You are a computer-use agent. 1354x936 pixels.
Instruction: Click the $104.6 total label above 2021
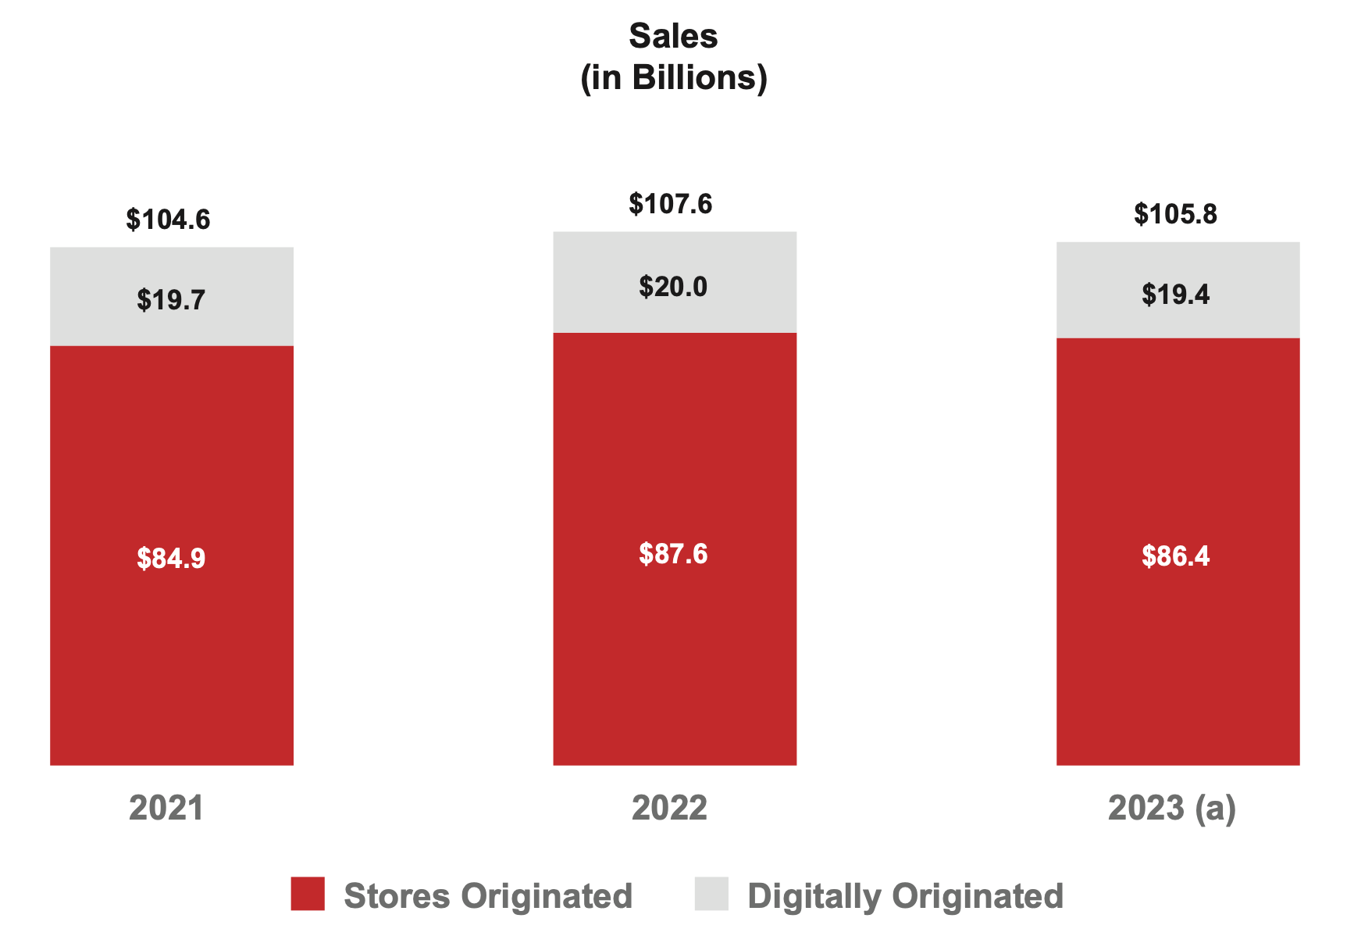point(168,220)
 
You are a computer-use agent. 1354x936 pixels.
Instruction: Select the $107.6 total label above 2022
point(671,205)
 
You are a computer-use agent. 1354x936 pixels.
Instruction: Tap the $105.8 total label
point(1175,214)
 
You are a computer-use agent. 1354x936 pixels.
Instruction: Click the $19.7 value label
point(171,300)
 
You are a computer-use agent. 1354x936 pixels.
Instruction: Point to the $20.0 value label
point(673,288)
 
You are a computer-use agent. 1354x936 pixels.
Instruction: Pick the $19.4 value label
point(1175,295)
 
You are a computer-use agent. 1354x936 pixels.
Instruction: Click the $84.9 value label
point(171,559)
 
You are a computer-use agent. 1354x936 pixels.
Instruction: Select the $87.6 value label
point(673,554)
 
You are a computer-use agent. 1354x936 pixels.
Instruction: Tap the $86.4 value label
point(1175,556)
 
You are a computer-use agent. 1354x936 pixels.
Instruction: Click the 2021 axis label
point(166,808)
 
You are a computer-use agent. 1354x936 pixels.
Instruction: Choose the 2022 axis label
point(669,808)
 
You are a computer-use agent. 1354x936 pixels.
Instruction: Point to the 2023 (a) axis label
point(1172,808)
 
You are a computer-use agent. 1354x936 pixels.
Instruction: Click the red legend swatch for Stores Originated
point(308,894)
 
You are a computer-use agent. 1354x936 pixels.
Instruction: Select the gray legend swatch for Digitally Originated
point(711,894)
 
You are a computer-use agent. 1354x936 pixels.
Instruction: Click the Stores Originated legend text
point(488,896)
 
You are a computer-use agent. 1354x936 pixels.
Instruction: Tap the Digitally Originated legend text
point(905,896)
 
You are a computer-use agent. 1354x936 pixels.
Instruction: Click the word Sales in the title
point(673,37)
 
